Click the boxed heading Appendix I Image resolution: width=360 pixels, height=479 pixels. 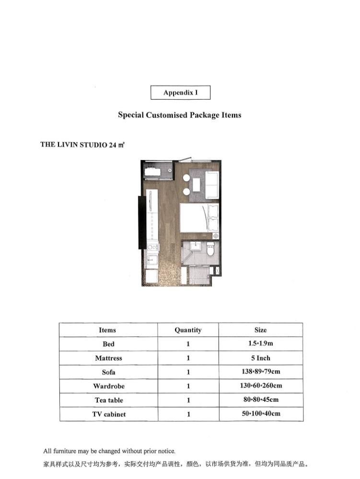pos(180,92)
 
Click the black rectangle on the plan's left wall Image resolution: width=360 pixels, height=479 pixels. pos(142,222)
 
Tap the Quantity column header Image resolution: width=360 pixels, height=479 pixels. pos(188,330)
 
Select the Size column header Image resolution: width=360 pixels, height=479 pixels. pos(261,330)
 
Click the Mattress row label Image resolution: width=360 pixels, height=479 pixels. pos(108,358)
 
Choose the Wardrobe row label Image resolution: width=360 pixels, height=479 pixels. pos(108,386)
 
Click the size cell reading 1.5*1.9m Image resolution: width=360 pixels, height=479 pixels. pos(261,344)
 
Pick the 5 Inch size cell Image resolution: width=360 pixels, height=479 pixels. pos(261,358)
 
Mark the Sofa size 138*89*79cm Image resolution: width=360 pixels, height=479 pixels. pos(261,372)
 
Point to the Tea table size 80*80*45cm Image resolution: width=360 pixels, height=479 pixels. pos(261,400)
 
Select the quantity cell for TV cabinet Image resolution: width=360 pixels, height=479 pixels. pos(188,414)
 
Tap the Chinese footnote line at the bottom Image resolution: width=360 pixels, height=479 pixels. pos(175,464)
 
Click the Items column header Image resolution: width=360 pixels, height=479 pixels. pos(107,330)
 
